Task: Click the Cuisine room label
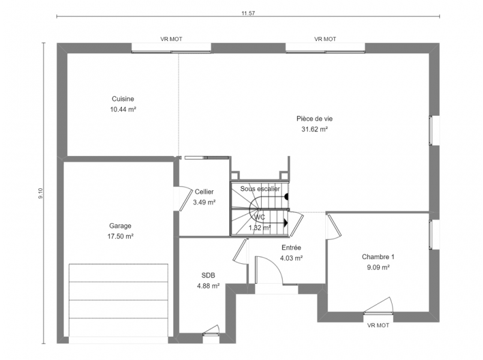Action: (x=123, y=99)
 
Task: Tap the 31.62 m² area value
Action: (x=314, y=130)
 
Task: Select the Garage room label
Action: (x=120, y=226)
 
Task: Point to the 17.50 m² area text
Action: (x=120, y=236)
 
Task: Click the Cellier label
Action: (x=204, y=192)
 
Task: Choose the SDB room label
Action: (x=208, y=275)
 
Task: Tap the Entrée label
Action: (x=291, y=248)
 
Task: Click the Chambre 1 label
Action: (x=378, y=257)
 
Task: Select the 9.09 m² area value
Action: (x=378, y=268)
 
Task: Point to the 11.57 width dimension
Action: (x=248, y=13)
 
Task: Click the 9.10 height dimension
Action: (x=41, y=193)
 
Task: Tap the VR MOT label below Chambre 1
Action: (x=378, y=325)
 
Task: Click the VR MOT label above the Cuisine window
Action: (x=171, y=39)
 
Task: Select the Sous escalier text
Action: (x=260, y=189)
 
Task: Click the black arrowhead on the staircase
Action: (x=286, y=223)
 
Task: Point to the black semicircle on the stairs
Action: (x=286, y=196)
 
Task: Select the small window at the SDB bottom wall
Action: (x=211, y=334)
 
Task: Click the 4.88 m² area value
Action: (x=208, y=286)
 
